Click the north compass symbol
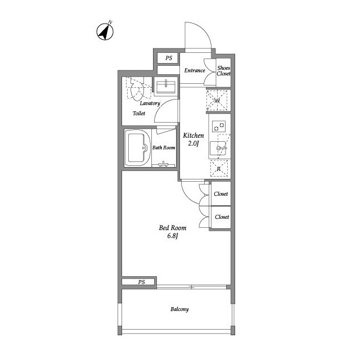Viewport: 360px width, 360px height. tap(105, 31)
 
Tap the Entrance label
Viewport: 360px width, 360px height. tap(195, 70)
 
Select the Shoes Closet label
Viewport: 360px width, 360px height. tap(224, 71)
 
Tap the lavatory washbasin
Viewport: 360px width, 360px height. tap(166, 86)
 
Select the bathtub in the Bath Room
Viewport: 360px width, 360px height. tap(138, 148)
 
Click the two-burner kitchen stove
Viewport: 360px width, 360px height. tap(219, 126)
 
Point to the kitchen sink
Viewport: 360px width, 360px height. tap(218, 148)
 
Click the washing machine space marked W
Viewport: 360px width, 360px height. tap(217, 101)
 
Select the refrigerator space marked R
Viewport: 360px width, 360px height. tap(219, 168)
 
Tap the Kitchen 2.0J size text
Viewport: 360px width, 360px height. tap(193, 139)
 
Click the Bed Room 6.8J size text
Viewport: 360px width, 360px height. tap(173, 232)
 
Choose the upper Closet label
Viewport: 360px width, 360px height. tap(221, 193)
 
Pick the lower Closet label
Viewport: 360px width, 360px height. tap(222, 217)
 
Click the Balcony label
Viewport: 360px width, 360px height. tap(179, 309)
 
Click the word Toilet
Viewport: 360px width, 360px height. tap(139, 113)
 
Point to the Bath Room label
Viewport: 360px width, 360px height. tap(164, 147)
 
